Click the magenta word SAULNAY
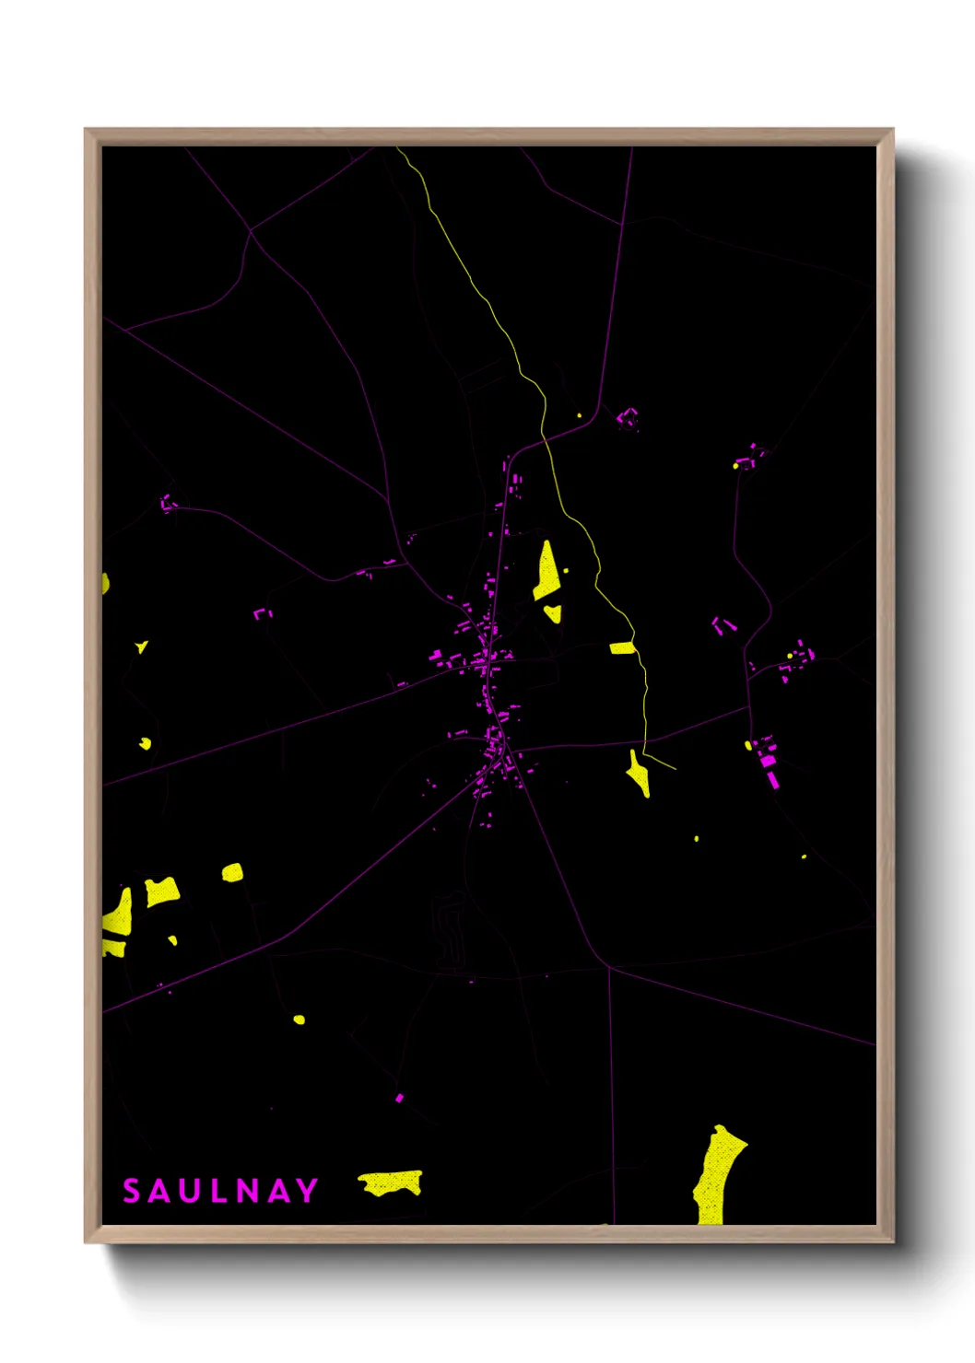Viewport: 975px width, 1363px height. [220, 1191]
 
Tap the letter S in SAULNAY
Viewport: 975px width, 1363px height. [132, 1191]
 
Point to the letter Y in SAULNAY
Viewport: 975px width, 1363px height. [307, 1191]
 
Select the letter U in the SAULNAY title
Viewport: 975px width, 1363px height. [189, 1191]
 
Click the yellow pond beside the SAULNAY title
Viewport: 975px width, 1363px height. [392, 1182]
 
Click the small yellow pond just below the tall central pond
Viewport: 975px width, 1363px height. [553, 612]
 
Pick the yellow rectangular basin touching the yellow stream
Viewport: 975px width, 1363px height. [622, 648]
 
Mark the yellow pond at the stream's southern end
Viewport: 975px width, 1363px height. [639, 775]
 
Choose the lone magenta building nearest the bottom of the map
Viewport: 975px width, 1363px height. [399, 1098]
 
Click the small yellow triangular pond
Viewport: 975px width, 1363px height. [141, 647]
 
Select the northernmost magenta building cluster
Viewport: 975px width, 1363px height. [628, 419]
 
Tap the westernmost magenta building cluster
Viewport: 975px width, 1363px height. [169, 503]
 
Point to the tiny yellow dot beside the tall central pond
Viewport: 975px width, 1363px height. [566, 571]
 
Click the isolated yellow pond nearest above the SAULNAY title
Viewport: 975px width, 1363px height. [299, 1019]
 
